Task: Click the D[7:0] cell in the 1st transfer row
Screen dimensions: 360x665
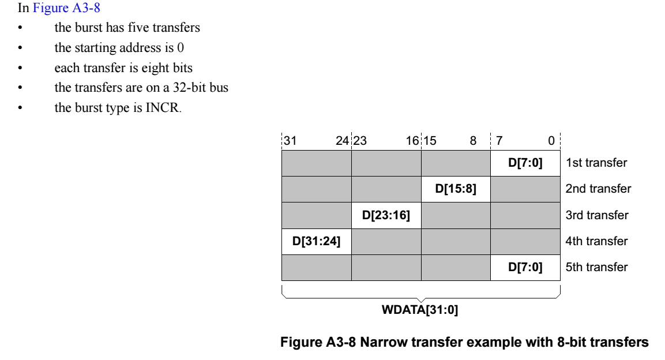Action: (x=524, y=163)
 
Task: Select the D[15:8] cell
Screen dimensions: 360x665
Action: (x=456, y=189)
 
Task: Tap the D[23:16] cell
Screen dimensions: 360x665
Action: (x=386, y=215)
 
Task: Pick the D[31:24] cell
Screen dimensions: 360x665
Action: (x=317, y=241)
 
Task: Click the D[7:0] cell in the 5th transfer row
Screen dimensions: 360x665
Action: (x=524, y=268)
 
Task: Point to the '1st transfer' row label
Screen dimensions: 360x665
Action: (x=597, y=163)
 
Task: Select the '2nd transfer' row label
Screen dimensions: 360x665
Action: (x=599, y=189)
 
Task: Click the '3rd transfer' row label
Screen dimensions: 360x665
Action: (x=598, y=215)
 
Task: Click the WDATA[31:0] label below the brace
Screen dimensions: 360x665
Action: (x=420, y=311)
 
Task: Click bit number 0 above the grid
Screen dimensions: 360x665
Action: (x=551, y=140)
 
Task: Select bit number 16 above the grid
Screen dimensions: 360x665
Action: (x=412, y=140)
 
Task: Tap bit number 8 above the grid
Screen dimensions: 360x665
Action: (x=473, y=140)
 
